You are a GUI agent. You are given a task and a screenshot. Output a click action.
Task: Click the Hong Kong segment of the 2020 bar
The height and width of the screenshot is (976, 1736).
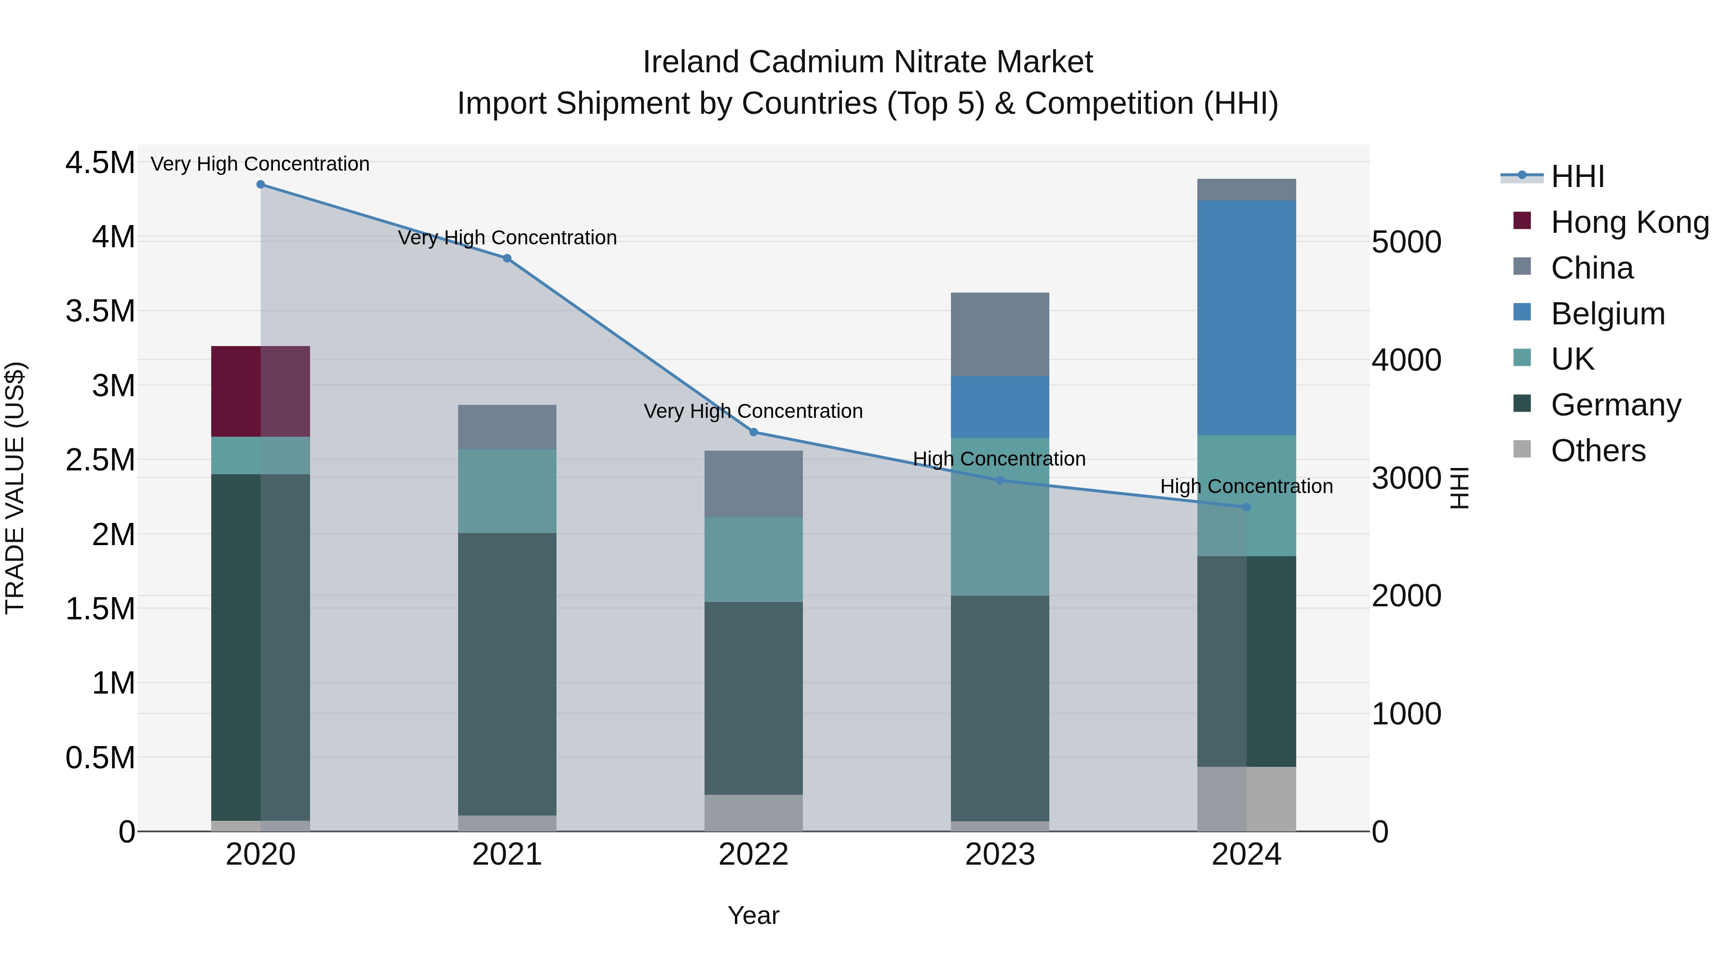[x=260, y=391]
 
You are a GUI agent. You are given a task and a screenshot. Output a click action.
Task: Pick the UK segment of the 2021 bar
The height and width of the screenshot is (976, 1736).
[x=507, y=491]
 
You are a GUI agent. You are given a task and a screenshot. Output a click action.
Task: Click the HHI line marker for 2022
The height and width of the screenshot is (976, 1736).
[x=753, y=432]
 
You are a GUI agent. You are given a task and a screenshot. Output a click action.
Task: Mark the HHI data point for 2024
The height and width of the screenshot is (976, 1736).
[x=1246, y=507]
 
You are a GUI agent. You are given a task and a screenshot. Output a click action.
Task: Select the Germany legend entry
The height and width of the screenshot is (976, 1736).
[x=1615, y=405]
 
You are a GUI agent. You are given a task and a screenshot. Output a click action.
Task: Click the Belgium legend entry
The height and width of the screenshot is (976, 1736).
[x=1607, y=314]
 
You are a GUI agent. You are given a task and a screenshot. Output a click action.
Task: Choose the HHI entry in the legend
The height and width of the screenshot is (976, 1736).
[x=1577, y=176]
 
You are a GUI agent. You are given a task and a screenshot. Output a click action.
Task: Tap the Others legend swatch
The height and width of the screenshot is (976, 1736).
[x=1522, y=449]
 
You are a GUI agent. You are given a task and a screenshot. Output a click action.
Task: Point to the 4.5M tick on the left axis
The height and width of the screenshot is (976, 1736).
[x=100, y=163]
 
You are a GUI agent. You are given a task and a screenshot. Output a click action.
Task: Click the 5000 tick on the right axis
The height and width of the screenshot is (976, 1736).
[x=1407, y=242]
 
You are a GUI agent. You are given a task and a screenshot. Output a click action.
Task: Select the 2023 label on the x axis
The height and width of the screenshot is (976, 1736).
[x=1000, y=855]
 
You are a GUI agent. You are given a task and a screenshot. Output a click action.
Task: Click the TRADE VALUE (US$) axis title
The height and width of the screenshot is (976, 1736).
[x=15, y=488]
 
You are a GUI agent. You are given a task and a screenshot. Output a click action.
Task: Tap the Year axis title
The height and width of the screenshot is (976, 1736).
[x=753, y=915]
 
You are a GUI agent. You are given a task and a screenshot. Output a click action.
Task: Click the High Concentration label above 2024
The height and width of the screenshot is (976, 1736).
[x=1246, y=486]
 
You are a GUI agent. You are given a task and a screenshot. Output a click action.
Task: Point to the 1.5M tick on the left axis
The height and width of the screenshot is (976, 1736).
[x=100, y=609]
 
